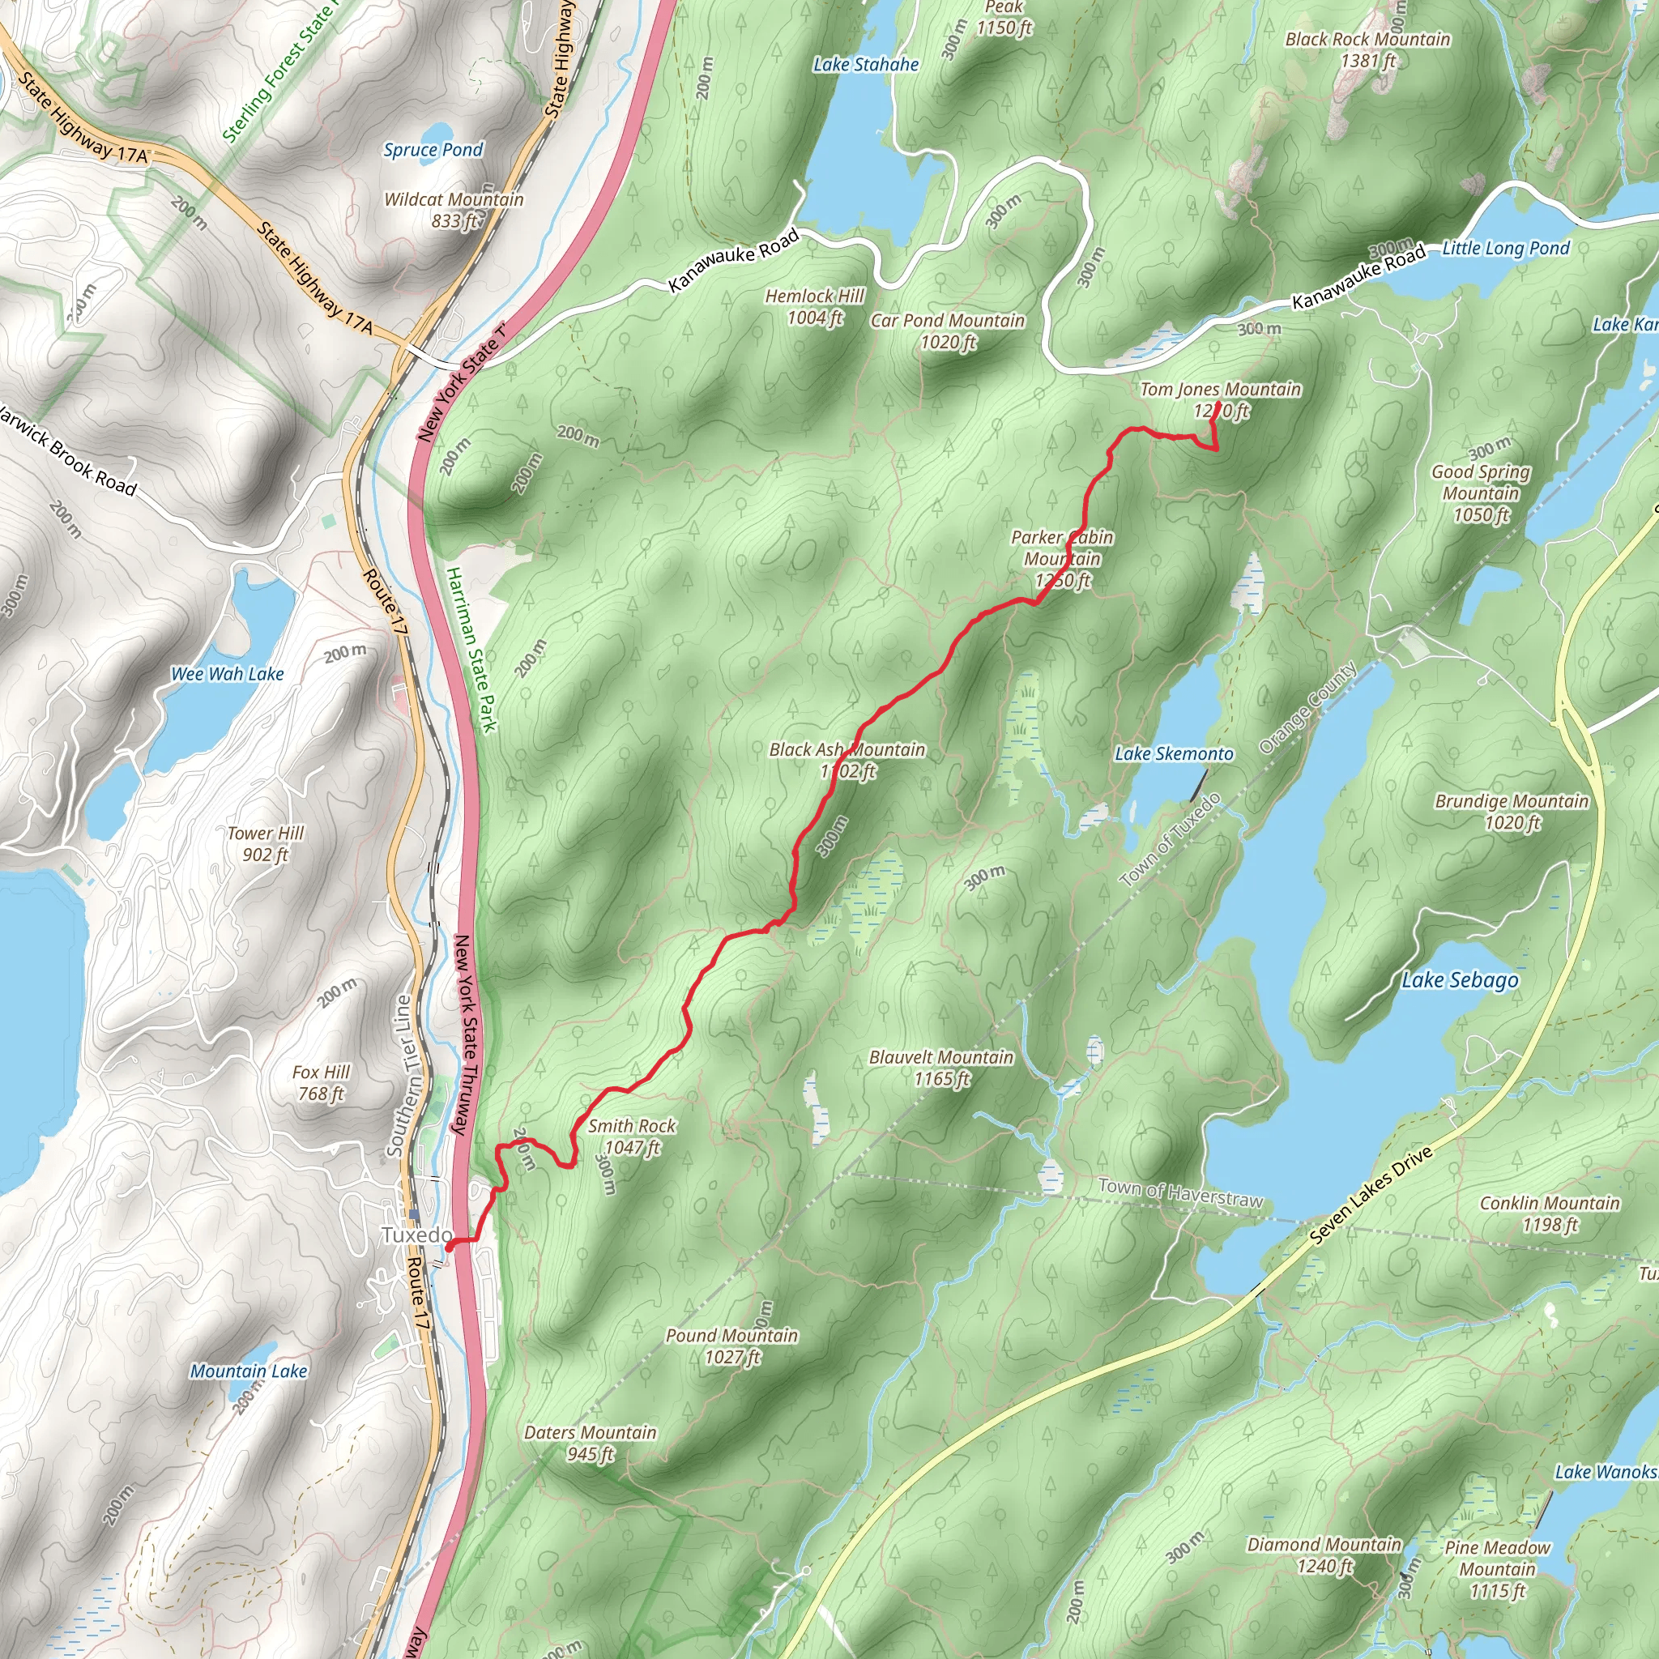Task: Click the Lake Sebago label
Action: point(1460,981)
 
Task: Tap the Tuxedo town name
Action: point(416,1235)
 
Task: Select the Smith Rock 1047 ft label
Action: point(632,1137)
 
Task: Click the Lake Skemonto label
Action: point(1174,754)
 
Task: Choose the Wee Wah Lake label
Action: point(228,674)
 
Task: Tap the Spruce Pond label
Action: point(433,149)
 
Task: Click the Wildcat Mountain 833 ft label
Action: point(454,210)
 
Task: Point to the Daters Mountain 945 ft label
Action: point(590,1443)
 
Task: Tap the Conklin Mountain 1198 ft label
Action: point(1549,1213)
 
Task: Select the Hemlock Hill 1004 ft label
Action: point(814,306)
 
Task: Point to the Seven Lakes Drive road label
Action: point(1371,1196)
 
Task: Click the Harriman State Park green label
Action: point(471,649)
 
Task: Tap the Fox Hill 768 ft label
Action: point(321,1082)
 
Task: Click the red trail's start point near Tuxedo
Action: point(449,1242)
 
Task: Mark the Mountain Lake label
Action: point(248,1371)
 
